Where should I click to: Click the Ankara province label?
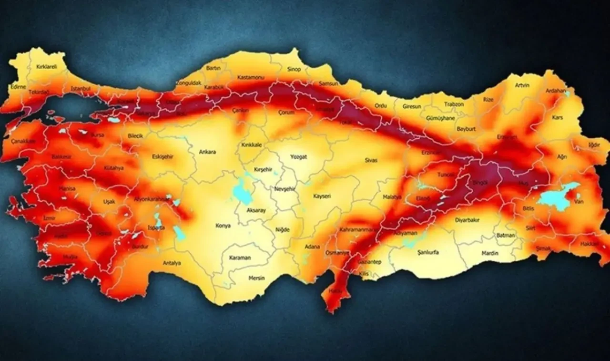pyautogui.click(x=207, y=152)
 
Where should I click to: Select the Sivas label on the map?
pyautogui.click(x=371, y=160)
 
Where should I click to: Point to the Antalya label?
pyautogui.click(x=172, y=263)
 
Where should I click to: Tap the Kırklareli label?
pyautogui.click(x=47, y=67)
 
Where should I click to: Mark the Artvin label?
pyautogui.click(x=522, y=85)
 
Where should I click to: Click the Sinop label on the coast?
pyautogui.click(x=294, y=70)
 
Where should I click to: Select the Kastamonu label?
pyautogui.click(x=251, y=77)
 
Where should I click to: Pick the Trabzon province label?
pyautogui.click(x=454, y=104)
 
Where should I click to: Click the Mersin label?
pyautogui.click(x=256, y=278)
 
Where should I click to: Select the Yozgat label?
pyautogui.click(x=299, y=156)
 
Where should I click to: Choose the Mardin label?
pyautogui.click(x=489, y=253)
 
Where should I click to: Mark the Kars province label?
pyautogui.click(x=557, y=117)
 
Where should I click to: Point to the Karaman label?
pyautogui.click(x=240, y=258)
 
